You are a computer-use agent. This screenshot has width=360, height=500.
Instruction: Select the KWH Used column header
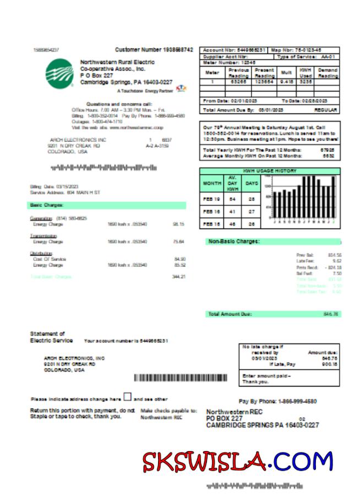point(306,73)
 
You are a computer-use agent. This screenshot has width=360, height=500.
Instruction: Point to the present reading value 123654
point(264,81)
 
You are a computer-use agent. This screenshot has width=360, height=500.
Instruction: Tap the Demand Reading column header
point(328,73)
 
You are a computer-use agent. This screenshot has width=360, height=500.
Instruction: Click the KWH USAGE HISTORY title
point(270,171)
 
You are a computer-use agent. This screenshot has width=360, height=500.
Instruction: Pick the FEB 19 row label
point(212,198)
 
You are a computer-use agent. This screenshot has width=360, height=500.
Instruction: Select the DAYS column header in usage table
point(252,183)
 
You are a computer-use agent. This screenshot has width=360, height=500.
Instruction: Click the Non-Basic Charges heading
point(234,241)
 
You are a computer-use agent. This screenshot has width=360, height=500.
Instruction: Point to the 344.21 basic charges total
point(178,276)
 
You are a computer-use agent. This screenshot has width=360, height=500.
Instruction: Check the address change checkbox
point(127,397)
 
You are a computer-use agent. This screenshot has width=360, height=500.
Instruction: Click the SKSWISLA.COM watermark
point(238,461)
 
